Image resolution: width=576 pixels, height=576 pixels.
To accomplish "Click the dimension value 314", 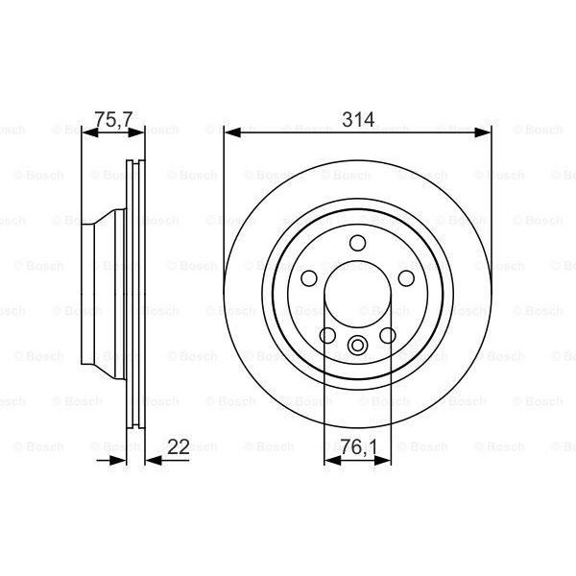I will click(x=357, y=120).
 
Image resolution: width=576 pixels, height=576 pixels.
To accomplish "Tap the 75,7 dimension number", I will click(x=111, y=120).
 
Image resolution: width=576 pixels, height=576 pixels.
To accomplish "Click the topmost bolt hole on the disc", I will click(x=358, y=242).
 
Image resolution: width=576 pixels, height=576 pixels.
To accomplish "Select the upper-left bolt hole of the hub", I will click(x=308, y=277).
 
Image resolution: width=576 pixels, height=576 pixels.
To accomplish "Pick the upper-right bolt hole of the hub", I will click(x=407, y=277).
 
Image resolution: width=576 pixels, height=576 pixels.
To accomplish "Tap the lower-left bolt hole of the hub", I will click(x=327, y=336).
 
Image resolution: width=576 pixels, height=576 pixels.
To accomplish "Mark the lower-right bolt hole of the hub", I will click(x=389, y=336).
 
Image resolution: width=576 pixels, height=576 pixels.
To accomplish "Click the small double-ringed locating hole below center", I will click(x=358, y=347).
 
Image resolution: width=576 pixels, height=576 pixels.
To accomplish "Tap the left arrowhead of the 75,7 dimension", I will click(x=88, y=135).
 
